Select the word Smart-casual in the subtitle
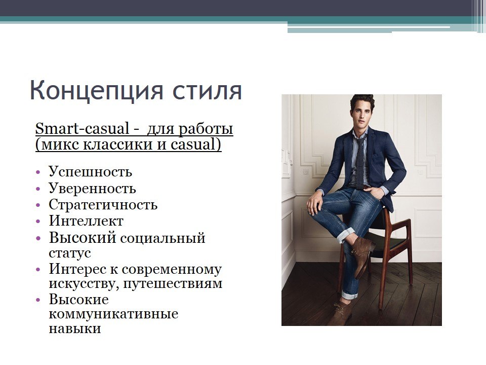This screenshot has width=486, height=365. click(x=82, y=129)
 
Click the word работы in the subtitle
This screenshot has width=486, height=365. click(x=207, y=129)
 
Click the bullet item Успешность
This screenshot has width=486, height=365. click(x=90, y=172)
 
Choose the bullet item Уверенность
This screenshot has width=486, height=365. click(x=92, y=189)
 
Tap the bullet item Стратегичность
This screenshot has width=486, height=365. click(x=103, y=205)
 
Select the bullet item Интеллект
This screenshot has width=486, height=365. click(x=86, y=221)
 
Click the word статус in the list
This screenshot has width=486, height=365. click(x=70, y=252)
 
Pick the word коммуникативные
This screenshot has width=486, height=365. click(x=113, y=314)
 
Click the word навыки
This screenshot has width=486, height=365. click(x=74, y=328)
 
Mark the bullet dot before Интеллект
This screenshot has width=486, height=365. click(x=38, y=222)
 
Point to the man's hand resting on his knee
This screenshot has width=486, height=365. click(x=314, y=203)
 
